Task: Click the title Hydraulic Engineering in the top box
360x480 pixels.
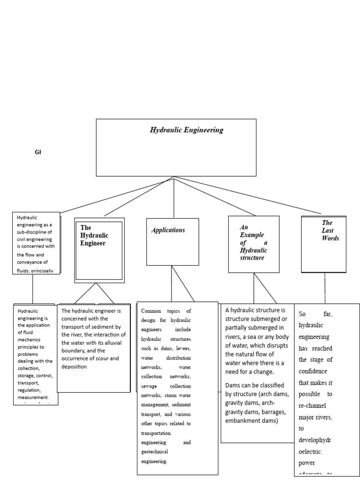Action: [187, 130]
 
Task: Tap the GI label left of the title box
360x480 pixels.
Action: [38, 152]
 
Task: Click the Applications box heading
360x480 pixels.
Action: [168, 230]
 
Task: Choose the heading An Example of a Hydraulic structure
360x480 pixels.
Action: [253, 242]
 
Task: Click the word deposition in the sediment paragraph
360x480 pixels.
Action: [74, 367]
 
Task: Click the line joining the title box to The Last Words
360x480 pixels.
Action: [248, 195]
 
